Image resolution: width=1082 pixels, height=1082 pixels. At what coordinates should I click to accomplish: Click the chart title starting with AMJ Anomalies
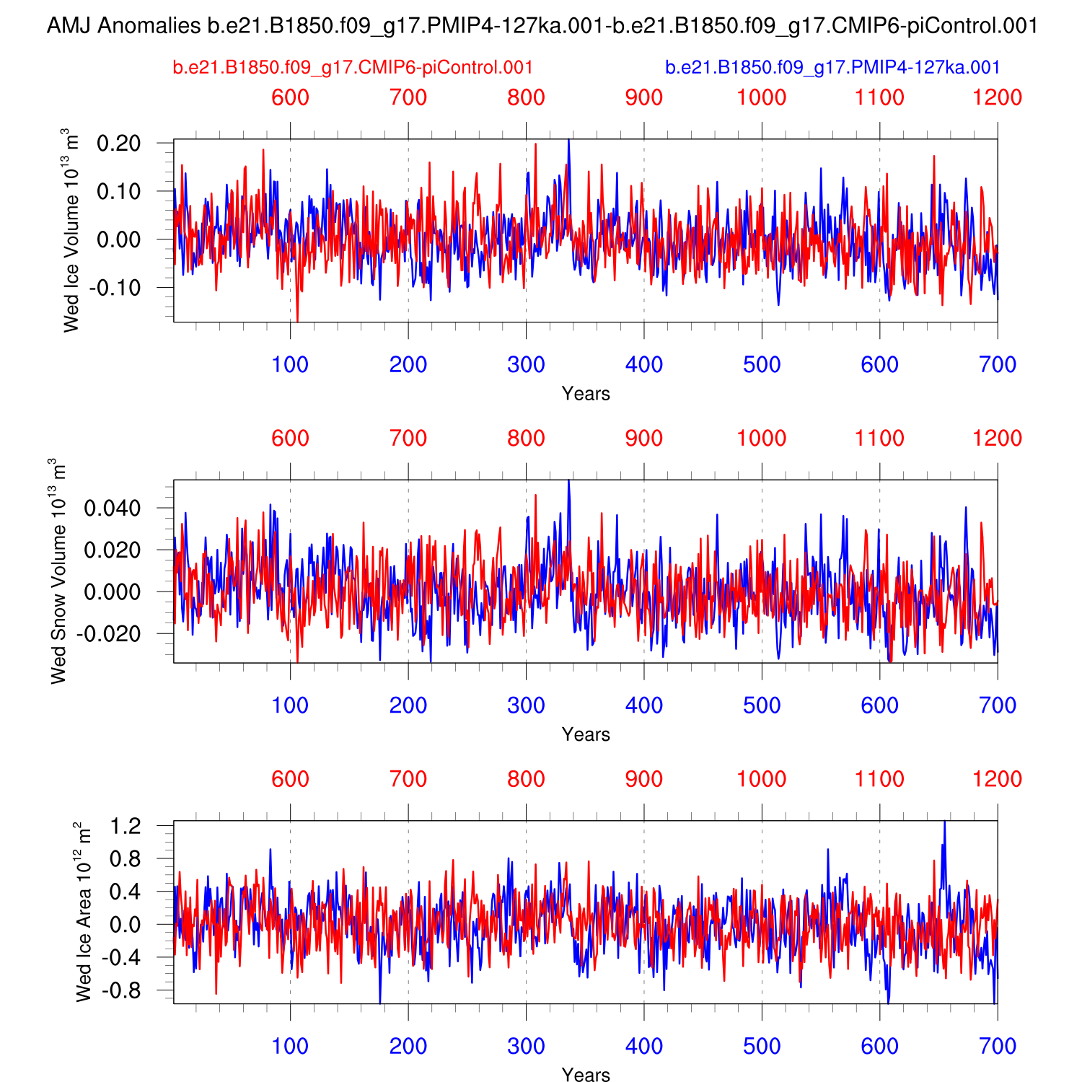(542, 27)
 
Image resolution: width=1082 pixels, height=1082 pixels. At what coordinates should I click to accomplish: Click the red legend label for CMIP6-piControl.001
(353, 68)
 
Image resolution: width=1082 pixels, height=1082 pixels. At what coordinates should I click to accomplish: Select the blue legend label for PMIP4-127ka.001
(832, 68)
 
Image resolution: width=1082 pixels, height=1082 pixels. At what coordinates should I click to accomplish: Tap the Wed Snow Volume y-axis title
(58, 571)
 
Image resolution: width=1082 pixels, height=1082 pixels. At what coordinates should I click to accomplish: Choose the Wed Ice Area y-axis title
(84, 912)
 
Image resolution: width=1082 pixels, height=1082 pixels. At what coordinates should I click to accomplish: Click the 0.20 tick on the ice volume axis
(118, 144)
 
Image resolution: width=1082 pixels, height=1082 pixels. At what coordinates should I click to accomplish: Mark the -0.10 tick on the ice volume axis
(115, 288)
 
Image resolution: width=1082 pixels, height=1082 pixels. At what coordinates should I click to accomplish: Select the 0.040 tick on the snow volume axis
(112, 509)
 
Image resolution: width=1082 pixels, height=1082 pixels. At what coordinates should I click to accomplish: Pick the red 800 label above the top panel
(526, 97)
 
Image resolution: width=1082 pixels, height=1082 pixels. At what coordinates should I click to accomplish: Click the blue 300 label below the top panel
(526, 365)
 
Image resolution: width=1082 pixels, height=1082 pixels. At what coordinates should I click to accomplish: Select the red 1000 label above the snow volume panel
(762, 438)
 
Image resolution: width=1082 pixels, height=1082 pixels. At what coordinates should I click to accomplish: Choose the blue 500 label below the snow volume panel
(762, 705)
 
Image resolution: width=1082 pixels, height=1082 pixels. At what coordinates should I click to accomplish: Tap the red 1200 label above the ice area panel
(998, 779)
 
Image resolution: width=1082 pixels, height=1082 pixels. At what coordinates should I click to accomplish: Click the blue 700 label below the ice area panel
(998, 1047)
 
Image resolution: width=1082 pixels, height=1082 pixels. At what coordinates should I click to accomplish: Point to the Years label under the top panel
(586, 394)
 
